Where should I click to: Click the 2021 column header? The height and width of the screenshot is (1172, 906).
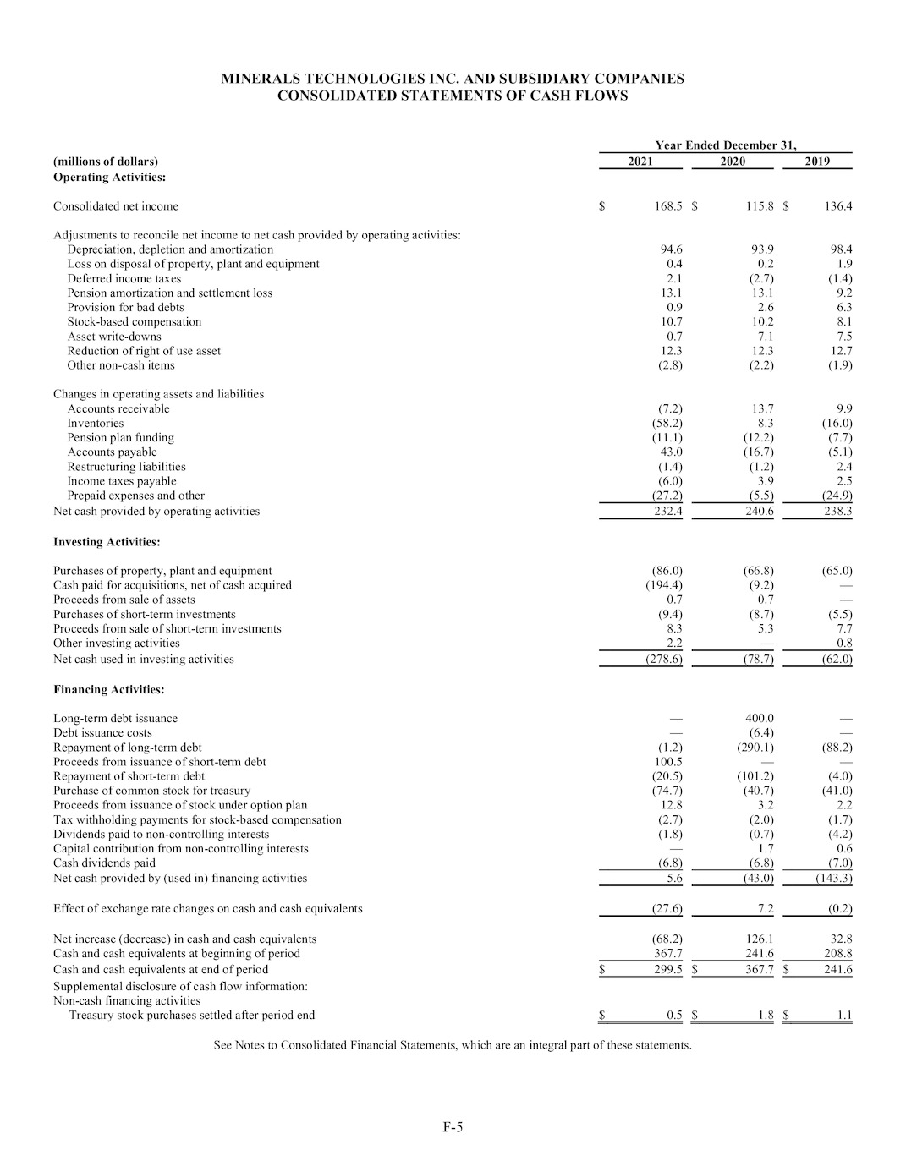pyautogui.click(x=640, y=162)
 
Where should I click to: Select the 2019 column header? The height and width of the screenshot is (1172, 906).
pyautogui.click(x=817, y=162)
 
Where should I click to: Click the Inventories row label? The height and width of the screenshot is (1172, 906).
pyautogui.click(x=96, y=424)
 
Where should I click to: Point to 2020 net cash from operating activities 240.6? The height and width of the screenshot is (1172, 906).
pyautogui.click(x=759, y=512)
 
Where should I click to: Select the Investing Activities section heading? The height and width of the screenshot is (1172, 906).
pyautogui.click(x=107, y=542)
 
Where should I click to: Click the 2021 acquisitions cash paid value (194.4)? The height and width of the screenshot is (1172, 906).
pyautogui.click(x=664, y=585)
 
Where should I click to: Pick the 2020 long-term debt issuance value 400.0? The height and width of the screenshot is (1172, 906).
pyautogui.click(x=759, y=719)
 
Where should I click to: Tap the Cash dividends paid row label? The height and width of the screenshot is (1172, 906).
pyautogui.click(x=104, y=863)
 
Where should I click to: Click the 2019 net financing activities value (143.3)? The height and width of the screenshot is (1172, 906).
pyautogui.click(x=833, y=879)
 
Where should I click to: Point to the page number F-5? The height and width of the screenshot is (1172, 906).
pyautogui.click(x=453, y=1127)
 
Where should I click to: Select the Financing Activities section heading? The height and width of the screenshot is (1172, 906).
pyautogui.click(x=109, y=690)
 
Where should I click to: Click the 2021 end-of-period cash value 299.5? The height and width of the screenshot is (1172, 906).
pyautogui.click(x=668, y=970)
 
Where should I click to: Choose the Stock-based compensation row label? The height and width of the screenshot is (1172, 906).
pyautogui.click(x=135, y=322)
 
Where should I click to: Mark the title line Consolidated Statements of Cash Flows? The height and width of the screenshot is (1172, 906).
pyautogui.click(x=453, y=96)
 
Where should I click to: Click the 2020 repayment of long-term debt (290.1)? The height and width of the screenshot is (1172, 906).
pyautogui.click(x=755, y=748)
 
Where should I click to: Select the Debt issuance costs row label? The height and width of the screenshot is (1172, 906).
pyautogui.click(x=102, y=733)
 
